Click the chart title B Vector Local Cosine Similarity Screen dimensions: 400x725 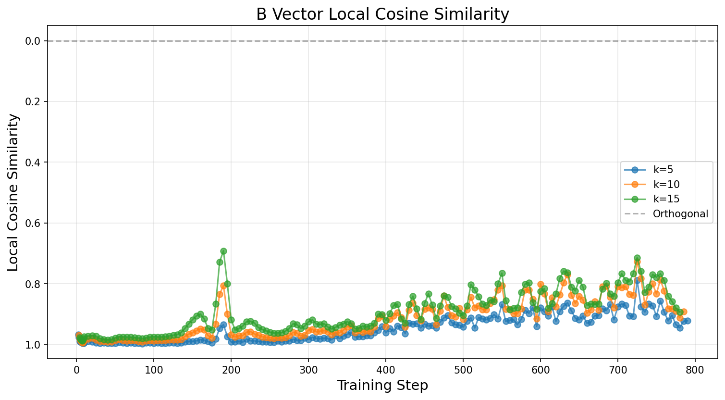click(382, 14)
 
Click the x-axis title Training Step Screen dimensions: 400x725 click(382, 386)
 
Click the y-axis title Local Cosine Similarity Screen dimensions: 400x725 click(14, 192)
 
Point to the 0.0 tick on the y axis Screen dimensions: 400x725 click(33, 41)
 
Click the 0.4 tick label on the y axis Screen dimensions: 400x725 click(33, 162)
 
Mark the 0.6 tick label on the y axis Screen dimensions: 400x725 click(33, 224)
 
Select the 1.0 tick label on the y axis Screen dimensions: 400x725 click(33, 345)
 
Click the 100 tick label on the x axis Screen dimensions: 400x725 click(154, 370)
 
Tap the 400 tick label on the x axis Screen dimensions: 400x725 click(386, 370)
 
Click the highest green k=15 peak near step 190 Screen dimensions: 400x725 click(223, 251)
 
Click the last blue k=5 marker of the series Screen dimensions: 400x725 click(688, 321)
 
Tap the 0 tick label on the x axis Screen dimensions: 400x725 click(76, 370)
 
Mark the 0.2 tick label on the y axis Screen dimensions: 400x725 click(33, 102)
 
